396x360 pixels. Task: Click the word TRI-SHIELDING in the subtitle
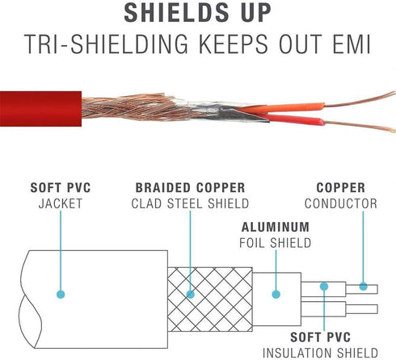(x=106, y=44)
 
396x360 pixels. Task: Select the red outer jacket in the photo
(x=40, y=109)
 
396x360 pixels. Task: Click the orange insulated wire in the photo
(x=280, y=108)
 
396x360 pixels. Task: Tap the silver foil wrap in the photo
(x=216, y=111)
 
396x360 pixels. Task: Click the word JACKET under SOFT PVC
(x=61, y=203)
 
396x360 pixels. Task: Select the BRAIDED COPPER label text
(x=190, y=187)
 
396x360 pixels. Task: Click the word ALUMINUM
(x=276, y=227)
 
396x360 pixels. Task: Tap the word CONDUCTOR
(x=341, y=203)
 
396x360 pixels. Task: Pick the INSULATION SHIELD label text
(x=320, y=353)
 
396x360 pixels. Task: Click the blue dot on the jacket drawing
(x=61, y=295)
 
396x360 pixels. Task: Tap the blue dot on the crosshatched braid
(x=191, y=295)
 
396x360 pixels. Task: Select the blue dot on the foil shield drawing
(x=276, y=295)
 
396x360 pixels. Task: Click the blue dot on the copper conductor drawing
(x=364, y=287)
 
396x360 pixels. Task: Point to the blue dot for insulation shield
(x=324, y=287)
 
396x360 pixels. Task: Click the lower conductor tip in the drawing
(x=377, y=309)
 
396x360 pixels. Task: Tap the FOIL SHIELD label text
(x=276, y=243)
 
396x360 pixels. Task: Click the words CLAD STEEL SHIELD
(x=190, y=203)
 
